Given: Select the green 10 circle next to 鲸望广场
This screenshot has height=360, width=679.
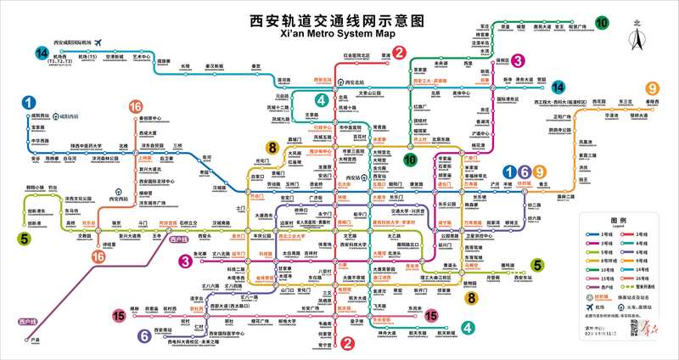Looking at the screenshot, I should point(602,23).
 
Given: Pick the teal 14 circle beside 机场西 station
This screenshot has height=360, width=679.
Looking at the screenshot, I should point(41,53).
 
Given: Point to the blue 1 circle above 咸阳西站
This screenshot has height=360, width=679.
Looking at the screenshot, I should point(31,102).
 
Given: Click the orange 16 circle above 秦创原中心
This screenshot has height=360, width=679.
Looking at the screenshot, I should point(135,107).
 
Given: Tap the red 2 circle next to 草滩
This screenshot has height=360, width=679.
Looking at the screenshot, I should point(397,53).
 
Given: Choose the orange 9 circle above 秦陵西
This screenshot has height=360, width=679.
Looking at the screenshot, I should point(652,88).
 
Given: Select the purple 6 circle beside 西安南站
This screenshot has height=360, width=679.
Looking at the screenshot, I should point(145,336).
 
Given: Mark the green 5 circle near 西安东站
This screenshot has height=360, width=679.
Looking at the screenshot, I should point(536,265).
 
